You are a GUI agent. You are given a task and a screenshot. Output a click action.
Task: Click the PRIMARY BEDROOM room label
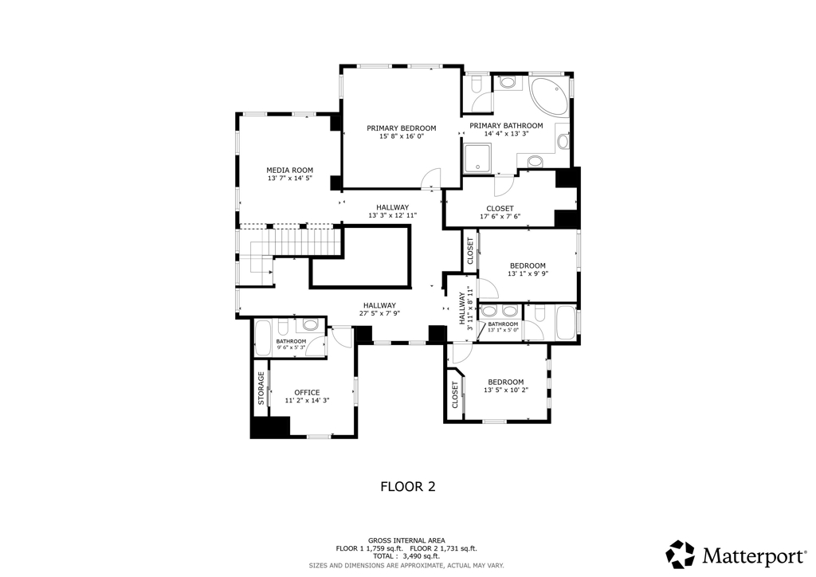tap(402, 128)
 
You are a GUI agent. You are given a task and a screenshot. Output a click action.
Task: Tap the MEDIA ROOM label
tap(290, 170)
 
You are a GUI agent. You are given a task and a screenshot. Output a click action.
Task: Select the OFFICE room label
tap(307, 393)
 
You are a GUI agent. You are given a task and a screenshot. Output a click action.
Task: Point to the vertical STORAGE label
tap(261, 388)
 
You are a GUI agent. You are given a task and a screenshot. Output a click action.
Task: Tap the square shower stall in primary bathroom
tap(477, 158)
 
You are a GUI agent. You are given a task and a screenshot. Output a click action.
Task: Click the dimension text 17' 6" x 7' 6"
tap(500, 217)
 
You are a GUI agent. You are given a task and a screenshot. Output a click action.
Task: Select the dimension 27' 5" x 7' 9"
tap(379, 313)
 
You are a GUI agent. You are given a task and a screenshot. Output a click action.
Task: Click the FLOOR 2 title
tap(408, 486)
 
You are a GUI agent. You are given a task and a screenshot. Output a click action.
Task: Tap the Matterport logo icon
tap(681, 554)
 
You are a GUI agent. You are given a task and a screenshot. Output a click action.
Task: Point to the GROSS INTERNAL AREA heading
tap(406, 540)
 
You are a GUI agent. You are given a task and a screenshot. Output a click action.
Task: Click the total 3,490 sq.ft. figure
tap(421, 556)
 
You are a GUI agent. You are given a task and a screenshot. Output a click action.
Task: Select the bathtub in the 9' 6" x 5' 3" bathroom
tap(263, 338)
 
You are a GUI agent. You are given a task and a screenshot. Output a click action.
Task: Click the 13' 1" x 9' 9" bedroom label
tap(528, 269)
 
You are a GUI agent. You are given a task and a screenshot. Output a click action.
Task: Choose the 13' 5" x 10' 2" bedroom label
tap(506, 386)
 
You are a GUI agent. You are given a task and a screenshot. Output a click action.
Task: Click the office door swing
tap(342, 336)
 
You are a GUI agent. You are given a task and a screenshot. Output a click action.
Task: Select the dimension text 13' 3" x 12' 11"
tap(393, 215)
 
